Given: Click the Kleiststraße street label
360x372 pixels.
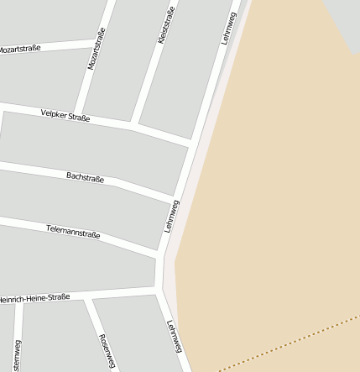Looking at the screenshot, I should coord(166,25).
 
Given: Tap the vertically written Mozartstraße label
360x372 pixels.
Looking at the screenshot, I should coord(97,48).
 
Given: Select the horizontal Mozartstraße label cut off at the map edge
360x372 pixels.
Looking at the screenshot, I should coord(19,49).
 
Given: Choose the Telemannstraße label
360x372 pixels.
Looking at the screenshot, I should coord(73,231).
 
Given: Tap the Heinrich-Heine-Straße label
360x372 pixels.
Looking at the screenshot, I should coord(34,298).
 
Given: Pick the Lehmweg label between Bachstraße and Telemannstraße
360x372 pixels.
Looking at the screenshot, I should coord(172,216).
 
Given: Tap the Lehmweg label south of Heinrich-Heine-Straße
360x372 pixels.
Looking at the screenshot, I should coord(175,338).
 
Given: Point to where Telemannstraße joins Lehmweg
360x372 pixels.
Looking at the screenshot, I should coord(162,254).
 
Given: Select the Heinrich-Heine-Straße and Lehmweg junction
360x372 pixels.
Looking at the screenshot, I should coord(159,290).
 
